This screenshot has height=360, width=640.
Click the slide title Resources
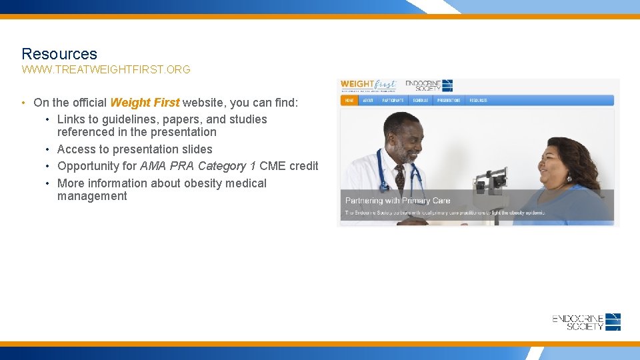point(59,54)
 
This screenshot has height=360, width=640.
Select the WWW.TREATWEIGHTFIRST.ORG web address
point(106,69)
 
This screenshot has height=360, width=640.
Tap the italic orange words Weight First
point(145,103)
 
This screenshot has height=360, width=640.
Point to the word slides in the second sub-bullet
point(197,149)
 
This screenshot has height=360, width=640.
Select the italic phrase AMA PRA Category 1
point(198,166)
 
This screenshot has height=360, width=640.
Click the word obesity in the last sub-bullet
point(198,183)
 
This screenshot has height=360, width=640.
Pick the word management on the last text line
point(92,196)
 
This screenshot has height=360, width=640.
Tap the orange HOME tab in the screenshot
point(349,101)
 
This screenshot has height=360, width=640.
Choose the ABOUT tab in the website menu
point(368,101)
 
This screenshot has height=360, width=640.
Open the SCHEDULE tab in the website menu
point(420,101)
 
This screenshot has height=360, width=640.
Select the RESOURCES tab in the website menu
point(478,101)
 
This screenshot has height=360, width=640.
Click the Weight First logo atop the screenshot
point(368,85)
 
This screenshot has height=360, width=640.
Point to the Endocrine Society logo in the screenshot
point(429,85)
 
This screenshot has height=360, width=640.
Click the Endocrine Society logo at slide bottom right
point(587,322)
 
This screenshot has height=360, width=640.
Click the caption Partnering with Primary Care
point(397,201)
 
